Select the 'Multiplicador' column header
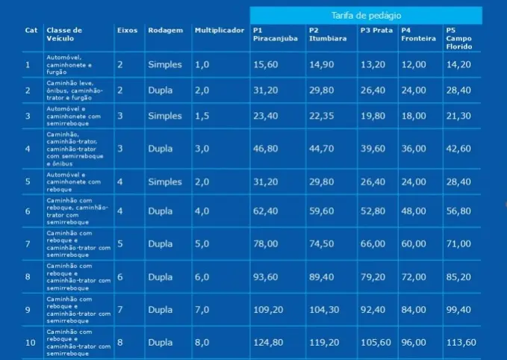click(219, 31)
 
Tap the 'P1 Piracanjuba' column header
click(273, 34)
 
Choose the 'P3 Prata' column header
click(376, 31)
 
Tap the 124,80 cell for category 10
click(269, 343)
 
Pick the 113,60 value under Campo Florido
click(460, 343)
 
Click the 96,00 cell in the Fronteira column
click(413, 343)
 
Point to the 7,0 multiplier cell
click(202, 310)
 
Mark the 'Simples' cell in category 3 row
click(164, 117)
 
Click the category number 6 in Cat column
click(28, 212)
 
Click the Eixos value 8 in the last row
click(120, 343)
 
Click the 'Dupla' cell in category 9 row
click(160, 310)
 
